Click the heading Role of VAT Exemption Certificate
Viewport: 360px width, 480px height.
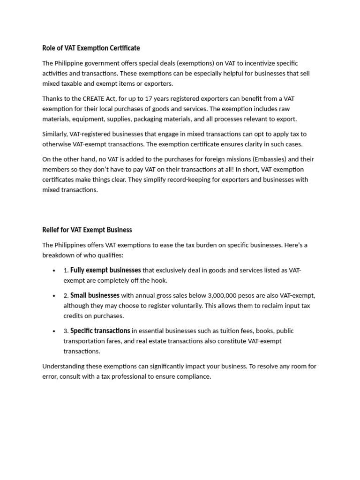91,48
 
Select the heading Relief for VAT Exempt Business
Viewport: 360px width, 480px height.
87,230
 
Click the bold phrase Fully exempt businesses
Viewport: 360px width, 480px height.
105,270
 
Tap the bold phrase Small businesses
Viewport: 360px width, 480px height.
95,295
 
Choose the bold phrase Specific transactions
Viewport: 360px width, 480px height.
100,331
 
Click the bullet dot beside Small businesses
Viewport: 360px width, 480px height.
54,296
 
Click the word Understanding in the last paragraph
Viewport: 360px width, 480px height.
64,367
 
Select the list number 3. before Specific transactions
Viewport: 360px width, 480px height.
66,331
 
